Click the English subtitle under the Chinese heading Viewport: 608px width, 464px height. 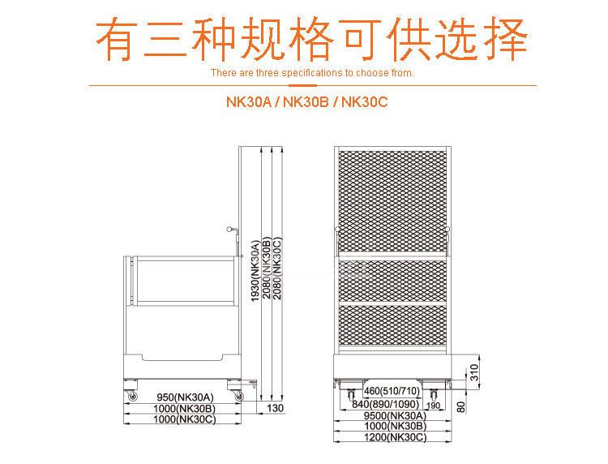(x=312, y=73)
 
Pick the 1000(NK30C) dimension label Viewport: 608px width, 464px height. (x=186, y=419)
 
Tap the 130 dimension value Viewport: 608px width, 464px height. (x=276, y=408)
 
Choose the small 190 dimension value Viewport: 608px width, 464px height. (x=433, y=405)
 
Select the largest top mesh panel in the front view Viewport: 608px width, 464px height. (x=392, y=199)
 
